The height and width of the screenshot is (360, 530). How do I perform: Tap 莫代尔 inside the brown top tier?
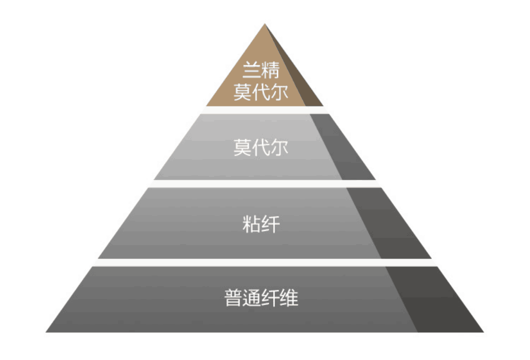(x=261, y=93)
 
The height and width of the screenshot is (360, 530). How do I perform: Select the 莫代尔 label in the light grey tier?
(x=261, y=147)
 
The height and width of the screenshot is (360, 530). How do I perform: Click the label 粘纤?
(x=261, y=224)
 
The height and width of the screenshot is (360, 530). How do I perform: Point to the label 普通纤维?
(x=261, y=298)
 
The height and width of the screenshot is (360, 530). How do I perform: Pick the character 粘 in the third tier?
(x=252, y=224)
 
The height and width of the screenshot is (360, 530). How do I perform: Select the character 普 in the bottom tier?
(x=233, y=298)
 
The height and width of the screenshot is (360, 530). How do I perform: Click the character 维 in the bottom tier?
(x=289, y=298)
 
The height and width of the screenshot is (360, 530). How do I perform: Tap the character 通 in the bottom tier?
(x=252, y=298)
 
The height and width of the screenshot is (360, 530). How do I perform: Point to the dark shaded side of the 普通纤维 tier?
(x=432, y=300)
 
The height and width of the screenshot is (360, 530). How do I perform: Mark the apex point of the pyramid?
(x=264, y=24)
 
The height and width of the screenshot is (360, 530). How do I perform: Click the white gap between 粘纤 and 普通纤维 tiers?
(x=264, y=262)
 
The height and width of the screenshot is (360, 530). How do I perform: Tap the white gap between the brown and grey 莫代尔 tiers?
(x=264, y=110)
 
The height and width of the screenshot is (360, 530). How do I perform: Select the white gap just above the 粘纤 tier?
(x=264, y=184)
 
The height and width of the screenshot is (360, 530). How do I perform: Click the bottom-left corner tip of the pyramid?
(x=47, y=332)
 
